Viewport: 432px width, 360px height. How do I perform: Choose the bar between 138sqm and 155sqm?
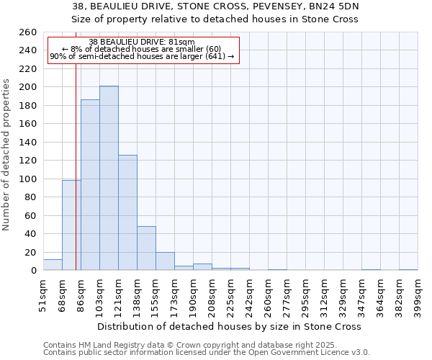point(146,248)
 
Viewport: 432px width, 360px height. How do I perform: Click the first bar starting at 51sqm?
point(53,265)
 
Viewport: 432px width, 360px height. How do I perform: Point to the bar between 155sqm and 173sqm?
point(165,261)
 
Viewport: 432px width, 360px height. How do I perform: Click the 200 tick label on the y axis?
point(27,87)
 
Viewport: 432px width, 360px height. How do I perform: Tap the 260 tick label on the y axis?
point(27,32)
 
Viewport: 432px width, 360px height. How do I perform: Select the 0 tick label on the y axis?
point(33,271)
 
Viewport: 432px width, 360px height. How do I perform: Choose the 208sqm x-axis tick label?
point(212,294)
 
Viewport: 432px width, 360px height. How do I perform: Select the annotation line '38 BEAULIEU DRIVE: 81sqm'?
point(142,42)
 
